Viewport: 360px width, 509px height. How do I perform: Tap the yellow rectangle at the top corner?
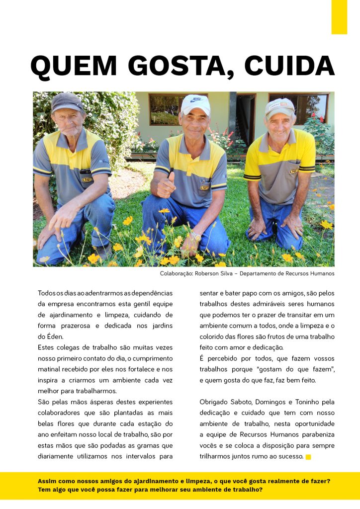[339, 17]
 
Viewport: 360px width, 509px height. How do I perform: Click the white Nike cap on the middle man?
[195, 104]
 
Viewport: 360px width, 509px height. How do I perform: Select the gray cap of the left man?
[67, 101]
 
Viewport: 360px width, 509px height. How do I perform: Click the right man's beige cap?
[279, 106]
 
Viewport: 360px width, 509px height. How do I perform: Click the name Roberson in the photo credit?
[210, 273]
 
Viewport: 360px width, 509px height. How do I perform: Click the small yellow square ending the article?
[308, 457]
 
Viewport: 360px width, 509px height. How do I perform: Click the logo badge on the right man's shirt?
[294, 171]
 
